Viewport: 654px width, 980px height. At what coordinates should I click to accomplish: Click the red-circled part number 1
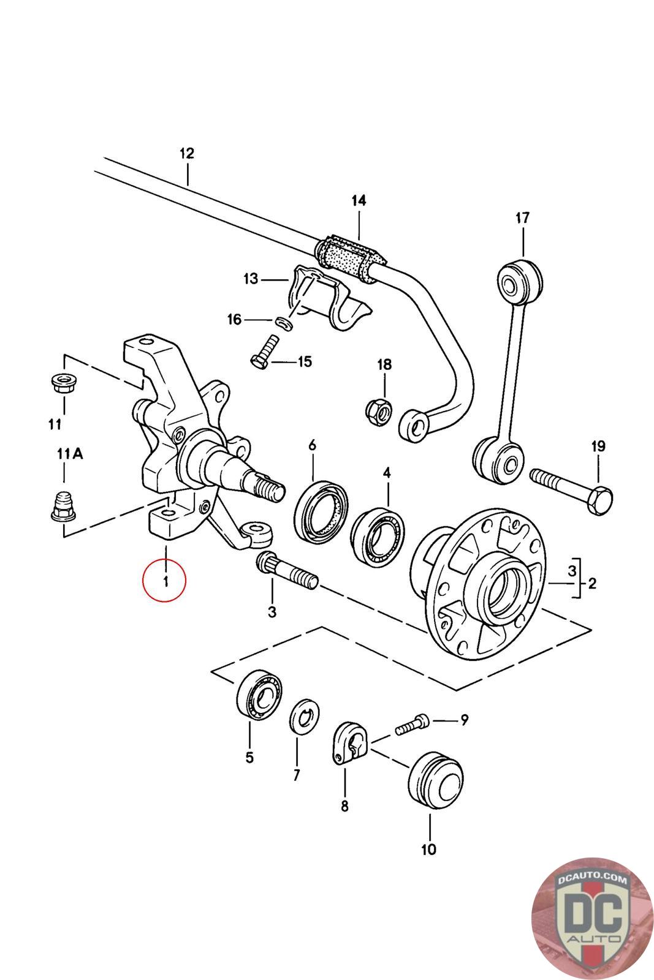click(164, 581)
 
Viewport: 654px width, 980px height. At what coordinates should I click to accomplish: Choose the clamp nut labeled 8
click(349, 742)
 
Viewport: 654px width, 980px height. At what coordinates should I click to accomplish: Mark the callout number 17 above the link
click(522, 218)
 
